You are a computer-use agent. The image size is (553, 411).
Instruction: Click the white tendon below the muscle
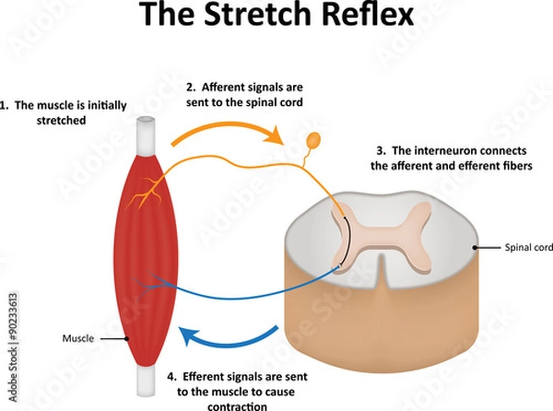pos(147,378)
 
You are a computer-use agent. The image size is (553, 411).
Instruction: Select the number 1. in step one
pos(6,105)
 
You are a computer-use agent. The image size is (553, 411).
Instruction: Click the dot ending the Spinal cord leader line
pos(477,248)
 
